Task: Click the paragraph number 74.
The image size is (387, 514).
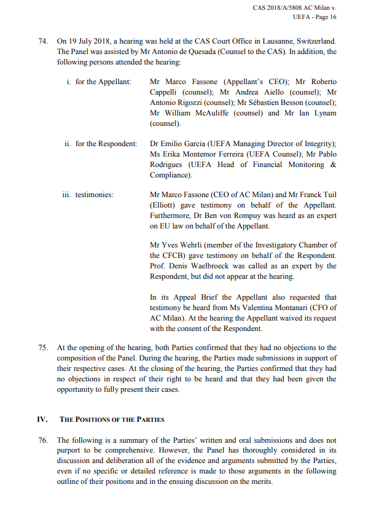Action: (x=42, y=42)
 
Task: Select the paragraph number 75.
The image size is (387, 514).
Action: (x=42, y=348)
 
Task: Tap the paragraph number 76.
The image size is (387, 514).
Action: (x=42, y=440)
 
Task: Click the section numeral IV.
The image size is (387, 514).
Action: (x=42, y=419)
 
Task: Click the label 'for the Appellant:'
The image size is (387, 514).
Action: (x=103, y=82)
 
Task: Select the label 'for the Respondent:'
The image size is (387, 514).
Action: (x=106, y=144)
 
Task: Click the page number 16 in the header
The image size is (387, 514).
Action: (x=332, y=17)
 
